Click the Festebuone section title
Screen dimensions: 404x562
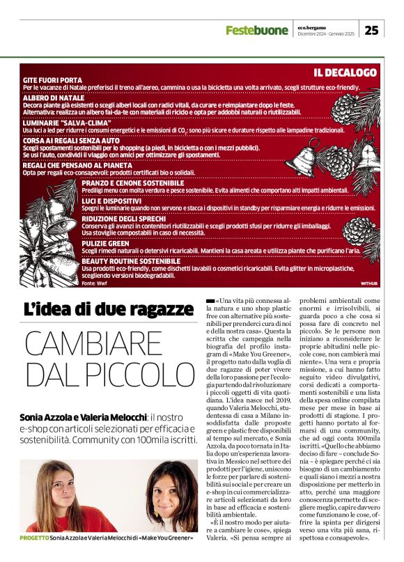256,30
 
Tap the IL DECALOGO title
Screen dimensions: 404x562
345,72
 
